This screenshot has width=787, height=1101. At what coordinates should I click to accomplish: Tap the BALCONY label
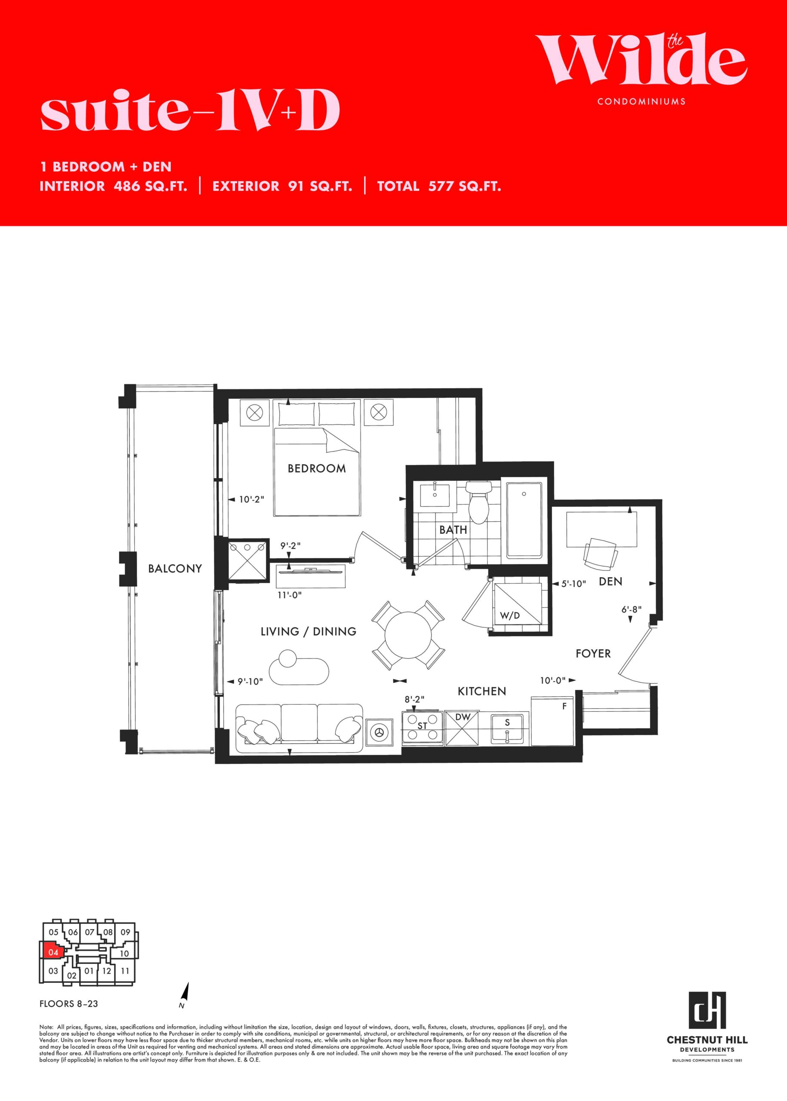pos(175,569)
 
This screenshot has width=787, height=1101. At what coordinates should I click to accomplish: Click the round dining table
pos(408,635)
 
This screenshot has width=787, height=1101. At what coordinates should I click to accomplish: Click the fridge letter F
pos(564,707)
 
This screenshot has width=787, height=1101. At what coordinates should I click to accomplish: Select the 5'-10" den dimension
pos(574,584)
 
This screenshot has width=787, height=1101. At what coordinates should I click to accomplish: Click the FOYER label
pos(593,654)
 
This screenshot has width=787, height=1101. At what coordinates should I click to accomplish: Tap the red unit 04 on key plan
pos(53,952)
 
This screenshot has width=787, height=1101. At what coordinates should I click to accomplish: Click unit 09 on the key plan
pos(125,932)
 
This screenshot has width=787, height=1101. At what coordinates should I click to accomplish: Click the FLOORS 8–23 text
pos(69,1004)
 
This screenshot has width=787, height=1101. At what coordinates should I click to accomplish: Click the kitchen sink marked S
pos(507,728)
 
